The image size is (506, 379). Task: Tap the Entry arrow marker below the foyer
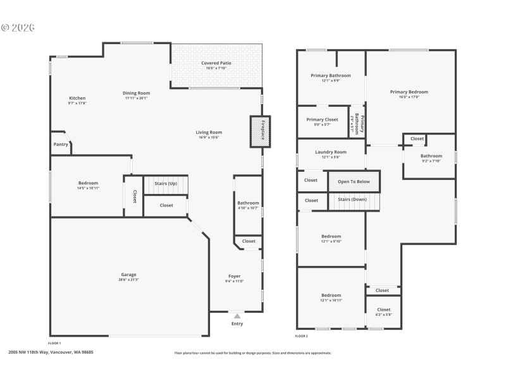[237, 316]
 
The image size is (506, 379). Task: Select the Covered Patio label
[216, 63]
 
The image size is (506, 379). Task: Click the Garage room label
[129, 275]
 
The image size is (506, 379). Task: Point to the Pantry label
[60, 144]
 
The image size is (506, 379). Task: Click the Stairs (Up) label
[165, 183]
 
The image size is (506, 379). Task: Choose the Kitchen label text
[77, 99]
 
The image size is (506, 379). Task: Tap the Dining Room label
[136, 93]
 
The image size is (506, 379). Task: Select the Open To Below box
[354, 181]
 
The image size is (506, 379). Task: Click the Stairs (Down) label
[352, 200]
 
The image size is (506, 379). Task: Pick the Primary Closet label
[323, 119]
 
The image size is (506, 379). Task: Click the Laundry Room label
[331, 152]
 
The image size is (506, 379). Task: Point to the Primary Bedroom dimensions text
[409, 97]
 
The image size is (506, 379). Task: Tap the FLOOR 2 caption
[302, 336]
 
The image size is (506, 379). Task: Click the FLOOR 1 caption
[55, 342]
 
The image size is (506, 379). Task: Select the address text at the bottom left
[51, 352]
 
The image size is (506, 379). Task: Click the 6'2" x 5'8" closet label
[384, 314]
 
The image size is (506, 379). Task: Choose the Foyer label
[235, 277]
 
